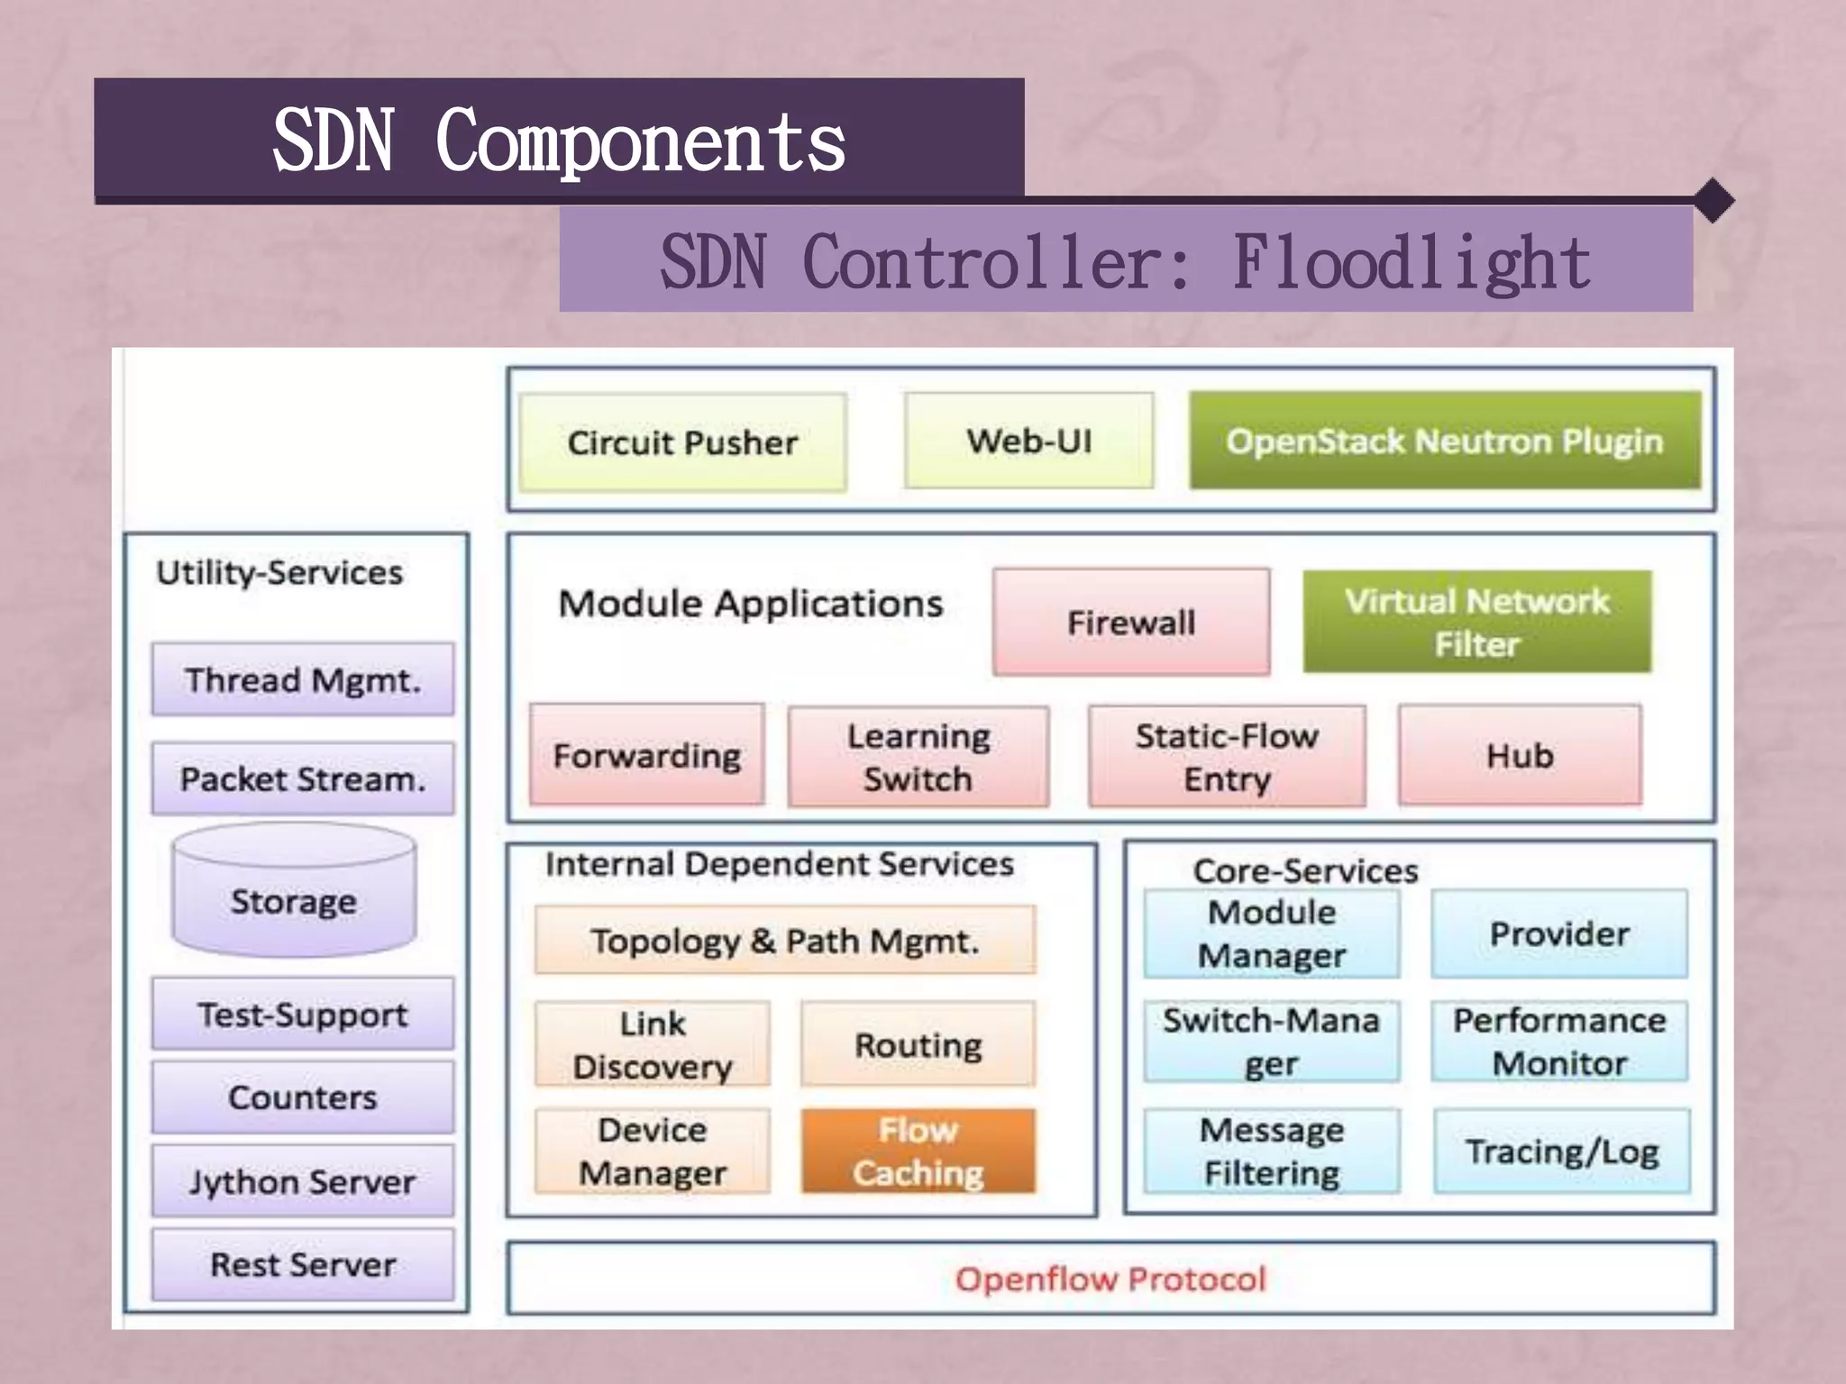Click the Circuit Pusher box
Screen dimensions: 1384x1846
682,442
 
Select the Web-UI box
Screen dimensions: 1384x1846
1028,441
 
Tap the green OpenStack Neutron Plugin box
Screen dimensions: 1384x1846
1445,441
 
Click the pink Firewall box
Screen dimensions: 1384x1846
1131,622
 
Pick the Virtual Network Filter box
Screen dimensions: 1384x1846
1477,622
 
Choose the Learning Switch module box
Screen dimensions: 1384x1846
918,757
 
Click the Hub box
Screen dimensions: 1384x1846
1520,755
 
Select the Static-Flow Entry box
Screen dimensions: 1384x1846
1227,757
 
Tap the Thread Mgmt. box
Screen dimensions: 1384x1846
303,679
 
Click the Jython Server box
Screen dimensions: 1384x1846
303,1181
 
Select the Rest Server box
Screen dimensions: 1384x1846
303,1264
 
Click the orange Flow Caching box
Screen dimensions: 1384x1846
918,1152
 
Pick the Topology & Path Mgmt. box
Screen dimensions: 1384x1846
785,941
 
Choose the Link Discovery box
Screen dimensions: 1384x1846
653,1045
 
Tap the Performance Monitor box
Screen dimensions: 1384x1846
1559,1042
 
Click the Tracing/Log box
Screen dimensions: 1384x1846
1562,1152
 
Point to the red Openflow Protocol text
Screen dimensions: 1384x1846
1110,1279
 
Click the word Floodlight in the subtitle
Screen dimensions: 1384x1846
1412,262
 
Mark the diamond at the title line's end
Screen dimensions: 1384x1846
1713,201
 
